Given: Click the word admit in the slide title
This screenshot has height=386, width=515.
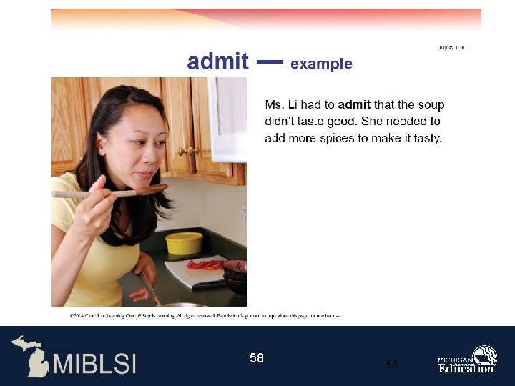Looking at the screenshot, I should [217, 62].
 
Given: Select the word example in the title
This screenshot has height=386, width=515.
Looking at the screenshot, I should [321, 64].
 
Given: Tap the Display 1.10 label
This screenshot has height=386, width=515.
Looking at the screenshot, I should [451, 47].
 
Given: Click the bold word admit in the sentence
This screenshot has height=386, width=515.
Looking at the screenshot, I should [354, 105].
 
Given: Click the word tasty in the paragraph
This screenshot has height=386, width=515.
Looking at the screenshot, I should [427, 138].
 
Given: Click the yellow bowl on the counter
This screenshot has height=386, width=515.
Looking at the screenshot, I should [184, 243].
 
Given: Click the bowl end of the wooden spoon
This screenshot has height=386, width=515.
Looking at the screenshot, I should [152, 189].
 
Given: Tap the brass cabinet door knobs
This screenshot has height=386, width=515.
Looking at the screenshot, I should [187, 151].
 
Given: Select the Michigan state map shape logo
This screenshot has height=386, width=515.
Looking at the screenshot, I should [31, 355].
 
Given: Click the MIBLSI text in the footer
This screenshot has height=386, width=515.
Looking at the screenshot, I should [94, 362].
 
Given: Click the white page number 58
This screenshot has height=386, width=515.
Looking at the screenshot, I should [257, 357].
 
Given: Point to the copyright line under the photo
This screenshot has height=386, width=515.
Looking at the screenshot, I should [205, 315].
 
